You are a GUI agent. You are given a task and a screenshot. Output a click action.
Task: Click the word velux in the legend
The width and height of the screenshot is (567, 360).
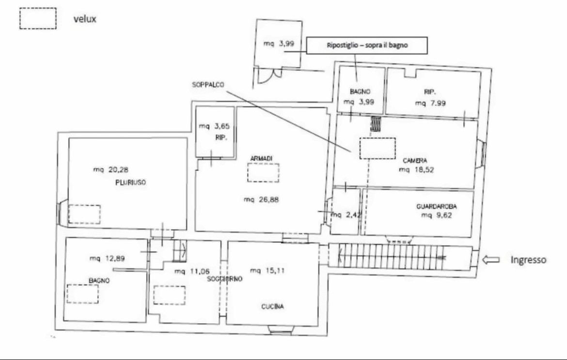click(x=85, y=19)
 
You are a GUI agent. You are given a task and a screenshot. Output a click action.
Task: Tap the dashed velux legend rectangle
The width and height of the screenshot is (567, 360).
click(x=38, y=8)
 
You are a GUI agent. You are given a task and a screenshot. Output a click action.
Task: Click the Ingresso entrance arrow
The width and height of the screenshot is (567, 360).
click(x=491, y=260)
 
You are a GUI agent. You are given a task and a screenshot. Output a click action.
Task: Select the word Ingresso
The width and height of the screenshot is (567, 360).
click(x=528, y=260)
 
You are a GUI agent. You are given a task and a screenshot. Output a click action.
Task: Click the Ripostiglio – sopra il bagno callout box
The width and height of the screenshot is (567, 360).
click(x=367, y=46)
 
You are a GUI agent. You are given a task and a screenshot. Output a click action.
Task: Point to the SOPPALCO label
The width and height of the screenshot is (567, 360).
click(x=208, y=85)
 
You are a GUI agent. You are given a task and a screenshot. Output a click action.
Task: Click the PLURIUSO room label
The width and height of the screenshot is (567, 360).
click(x=130, y=183)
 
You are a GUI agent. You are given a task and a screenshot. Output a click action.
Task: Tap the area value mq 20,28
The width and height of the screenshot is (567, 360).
click(x=110, y=170)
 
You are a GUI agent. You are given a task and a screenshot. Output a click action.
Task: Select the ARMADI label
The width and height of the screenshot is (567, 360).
click(x=261, y=158)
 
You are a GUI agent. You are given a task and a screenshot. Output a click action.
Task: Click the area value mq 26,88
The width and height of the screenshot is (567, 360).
click(x=261, y=200)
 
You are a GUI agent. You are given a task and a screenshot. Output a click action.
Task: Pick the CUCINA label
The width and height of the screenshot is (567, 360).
click(x=273, y=307)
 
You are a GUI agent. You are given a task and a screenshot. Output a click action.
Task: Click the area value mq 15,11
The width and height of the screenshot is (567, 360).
click(x=267, y=270)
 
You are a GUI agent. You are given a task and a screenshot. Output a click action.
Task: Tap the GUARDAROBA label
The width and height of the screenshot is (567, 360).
click(x=437, y=207)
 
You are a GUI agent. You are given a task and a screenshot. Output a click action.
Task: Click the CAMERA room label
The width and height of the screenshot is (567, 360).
click(x=415, y=160)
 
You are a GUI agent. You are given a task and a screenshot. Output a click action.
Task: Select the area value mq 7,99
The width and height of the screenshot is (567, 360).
click(x=430, y=103)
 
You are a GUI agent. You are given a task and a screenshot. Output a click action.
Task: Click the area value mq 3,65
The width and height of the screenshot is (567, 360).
click(x=214, y=126)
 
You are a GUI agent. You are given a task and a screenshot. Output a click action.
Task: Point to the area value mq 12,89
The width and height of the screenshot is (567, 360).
click(x=107, y=258)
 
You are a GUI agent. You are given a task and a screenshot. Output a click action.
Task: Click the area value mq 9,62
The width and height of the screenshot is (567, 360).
click(x=437, y=216)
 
